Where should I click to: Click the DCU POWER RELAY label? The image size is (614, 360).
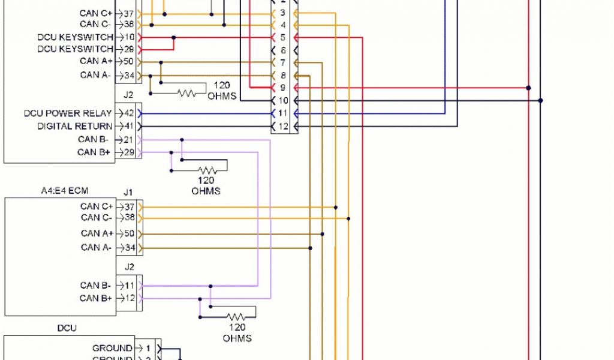pos(68,113)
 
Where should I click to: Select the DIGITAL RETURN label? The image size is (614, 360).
pos(74,126)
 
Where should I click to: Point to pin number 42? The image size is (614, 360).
pos(128,113)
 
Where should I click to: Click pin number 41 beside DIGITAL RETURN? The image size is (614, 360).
pos(128,126)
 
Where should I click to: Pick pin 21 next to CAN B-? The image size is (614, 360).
pos(128,139)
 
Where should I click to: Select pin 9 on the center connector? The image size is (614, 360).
pos(283,88)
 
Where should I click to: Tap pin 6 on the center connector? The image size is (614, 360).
pos(283,50)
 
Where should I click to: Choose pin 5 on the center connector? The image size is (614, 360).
pos(283,38)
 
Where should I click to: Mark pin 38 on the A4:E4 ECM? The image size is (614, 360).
pos(129,218)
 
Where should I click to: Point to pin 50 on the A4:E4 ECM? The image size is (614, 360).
pos(129,233)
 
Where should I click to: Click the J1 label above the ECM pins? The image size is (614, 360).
pos(128,193)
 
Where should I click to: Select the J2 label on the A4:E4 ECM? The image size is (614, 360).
pos(128,266)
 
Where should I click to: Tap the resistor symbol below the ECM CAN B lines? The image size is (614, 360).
pos(236,316)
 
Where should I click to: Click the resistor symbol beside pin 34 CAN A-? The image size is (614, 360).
pos(186,93)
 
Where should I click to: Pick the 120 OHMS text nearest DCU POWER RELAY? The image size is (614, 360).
pos(222,91)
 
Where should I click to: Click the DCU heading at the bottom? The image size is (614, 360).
pos(67,328)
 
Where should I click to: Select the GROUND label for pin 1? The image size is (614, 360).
pos(112,348)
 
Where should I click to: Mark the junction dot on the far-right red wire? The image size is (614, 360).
pos(528,88)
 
